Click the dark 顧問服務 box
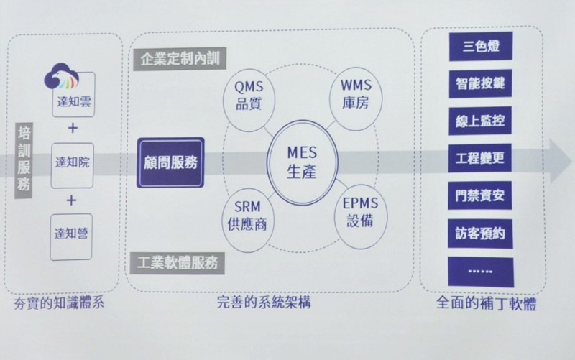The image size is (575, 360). point(170,163)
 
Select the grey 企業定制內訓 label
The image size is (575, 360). point(180,59)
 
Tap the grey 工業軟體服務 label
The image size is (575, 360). point(177,263)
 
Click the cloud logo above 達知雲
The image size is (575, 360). point(62,77)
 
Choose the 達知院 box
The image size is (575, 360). point(73,166)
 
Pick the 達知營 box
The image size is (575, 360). point(71,237)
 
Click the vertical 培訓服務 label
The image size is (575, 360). point(24,160)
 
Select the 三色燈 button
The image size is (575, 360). point(481,46)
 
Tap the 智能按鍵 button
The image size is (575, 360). point(480,83)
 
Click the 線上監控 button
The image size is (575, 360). point(480,121)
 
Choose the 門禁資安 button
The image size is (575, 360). point(479,195)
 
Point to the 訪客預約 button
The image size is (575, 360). point(480,234)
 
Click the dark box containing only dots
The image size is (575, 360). point(481,272)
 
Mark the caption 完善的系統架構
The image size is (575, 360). point(264,303)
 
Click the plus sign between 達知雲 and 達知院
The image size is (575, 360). point(73,128)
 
